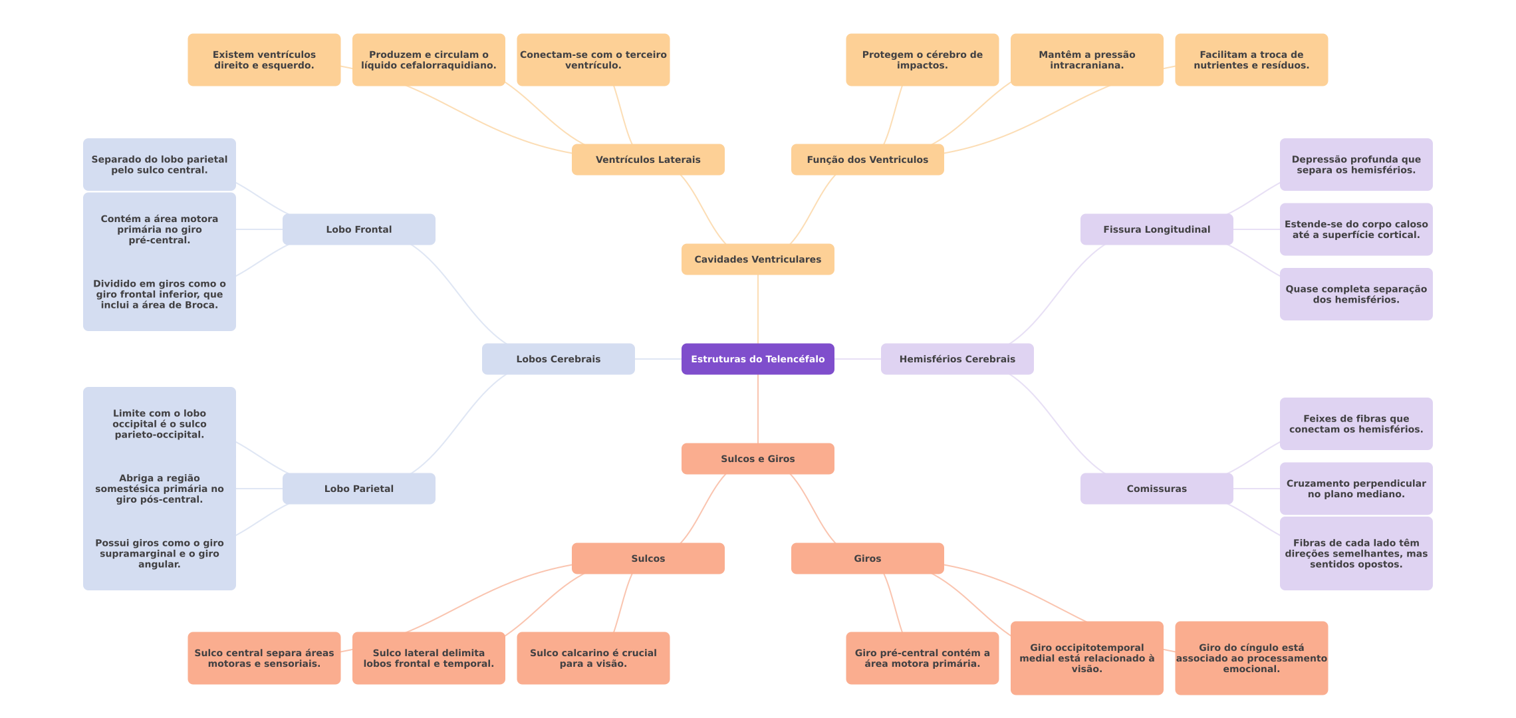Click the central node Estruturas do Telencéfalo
(757, 359)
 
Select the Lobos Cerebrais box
(558, 359)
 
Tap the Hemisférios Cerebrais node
(957, 359)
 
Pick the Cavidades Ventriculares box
(757, 259)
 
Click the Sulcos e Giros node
(757, 459)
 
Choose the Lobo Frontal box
(358, 229)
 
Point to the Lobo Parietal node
(358, 489)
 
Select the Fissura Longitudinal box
(1156, 229)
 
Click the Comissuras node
(1156, 489)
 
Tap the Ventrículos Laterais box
(648, 160)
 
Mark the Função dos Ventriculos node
(867, 160)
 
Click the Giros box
(867, 558)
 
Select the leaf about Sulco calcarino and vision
(593, 658)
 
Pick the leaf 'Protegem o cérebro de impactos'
(922, 60)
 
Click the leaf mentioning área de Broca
(159, 294)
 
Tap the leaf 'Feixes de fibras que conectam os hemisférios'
(1356, 424)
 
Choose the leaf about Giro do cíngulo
(1251, 658)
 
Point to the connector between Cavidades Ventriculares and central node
(758, 309)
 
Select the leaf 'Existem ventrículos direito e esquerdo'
(264, 60)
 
